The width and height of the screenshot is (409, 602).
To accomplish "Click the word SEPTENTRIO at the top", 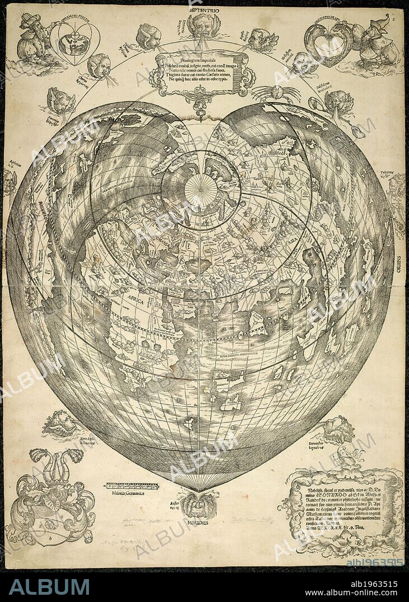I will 204,10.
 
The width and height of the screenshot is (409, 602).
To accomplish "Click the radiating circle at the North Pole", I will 201,190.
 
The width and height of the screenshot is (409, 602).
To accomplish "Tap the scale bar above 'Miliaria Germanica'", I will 132,486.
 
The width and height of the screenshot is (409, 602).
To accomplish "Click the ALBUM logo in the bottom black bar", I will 49,586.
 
